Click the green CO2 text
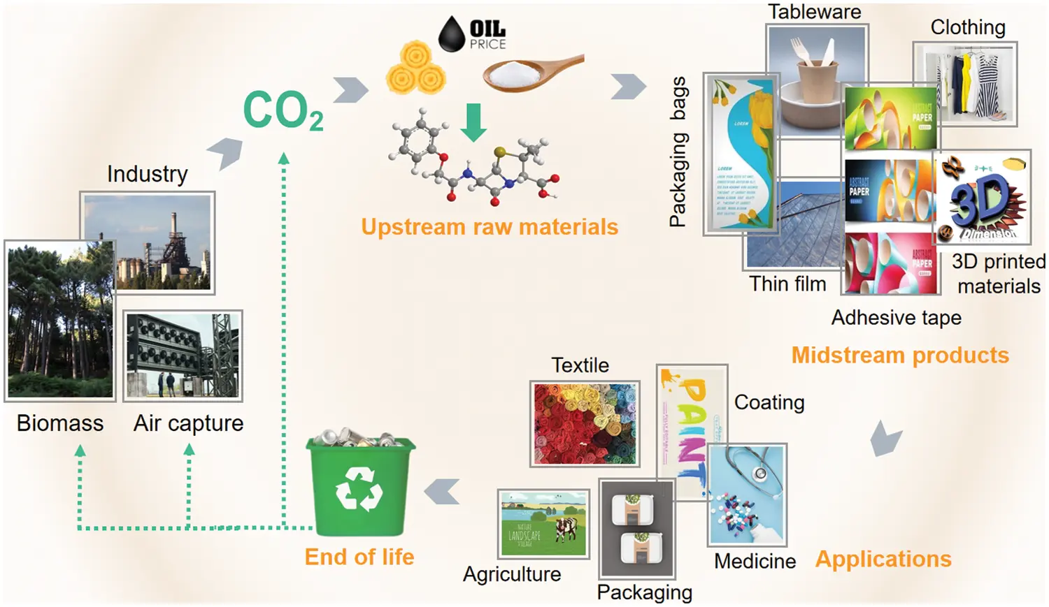(x=282, y=111)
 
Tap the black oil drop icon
(x=452, y=34)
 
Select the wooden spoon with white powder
(x=531, y=73)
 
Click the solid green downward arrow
(x=473, y=122)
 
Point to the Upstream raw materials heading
(x=490, y=227)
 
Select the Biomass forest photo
(x=60, y=320)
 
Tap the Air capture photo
(x=183, y=356)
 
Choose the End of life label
(x=359, y=557)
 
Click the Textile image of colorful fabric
(x=585, y=424)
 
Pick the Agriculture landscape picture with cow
(x=543, y=523)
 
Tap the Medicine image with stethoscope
(x=748, y=495)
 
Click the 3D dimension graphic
(x=983, y=198)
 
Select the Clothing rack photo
(x=965, y=83)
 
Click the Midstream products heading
(x=900, y=355)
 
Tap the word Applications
(x=883, y=559)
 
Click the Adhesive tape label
(x=896, y=318)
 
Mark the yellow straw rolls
(x=415, y=68)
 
